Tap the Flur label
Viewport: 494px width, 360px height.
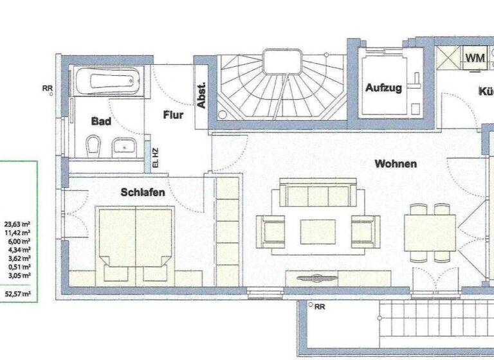[x=173, y=116]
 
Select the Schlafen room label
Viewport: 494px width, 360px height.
[x=143, y=192]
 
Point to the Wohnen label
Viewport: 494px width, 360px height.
[x=396, y=164]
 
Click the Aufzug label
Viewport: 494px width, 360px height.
[x=384, y=88]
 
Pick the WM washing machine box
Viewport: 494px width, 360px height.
[x=475, y=58]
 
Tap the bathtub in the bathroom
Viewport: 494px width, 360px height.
[x=107, y=82]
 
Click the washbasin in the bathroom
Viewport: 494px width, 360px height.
[x=123, y=147]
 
